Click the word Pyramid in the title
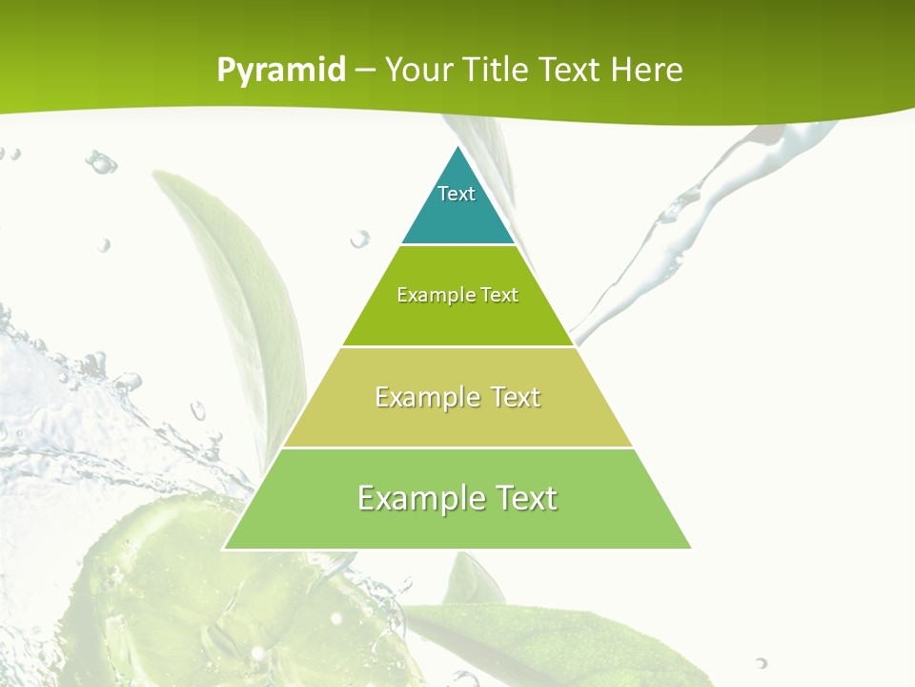click(x=281, y=71)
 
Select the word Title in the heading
click(x=500, y=70)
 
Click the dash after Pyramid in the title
click(x=365, y=71)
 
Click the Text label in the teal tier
click(x=457, y=194)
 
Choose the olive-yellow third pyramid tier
click(x=457, y=420)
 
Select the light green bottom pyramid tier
click(x=457, y=525)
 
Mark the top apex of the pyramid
click(x=458, y=146)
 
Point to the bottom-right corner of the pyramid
click(x=690, y=548)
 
